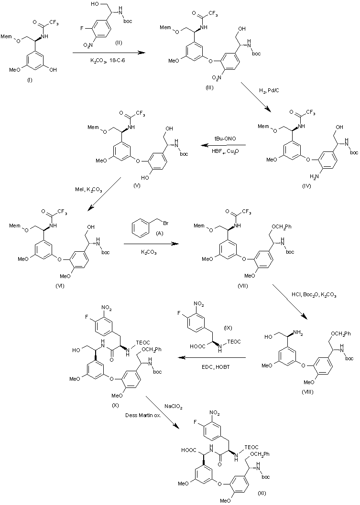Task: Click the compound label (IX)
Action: tap(227, 328)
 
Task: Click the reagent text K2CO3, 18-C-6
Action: tap(106, 61)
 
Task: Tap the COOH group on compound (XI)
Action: tap(189, 450)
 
